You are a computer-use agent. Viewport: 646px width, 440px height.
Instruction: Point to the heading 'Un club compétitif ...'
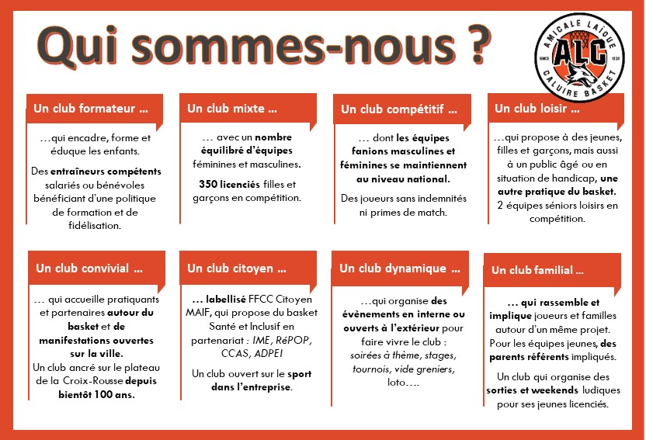[x=394, y=108]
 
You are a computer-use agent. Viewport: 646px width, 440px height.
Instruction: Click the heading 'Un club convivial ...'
[x=89, y=269]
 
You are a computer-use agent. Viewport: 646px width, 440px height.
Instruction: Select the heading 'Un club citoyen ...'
[x=236, y=269]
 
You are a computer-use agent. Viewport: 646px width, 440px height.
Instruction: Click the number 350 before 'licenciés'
[x=208, y=184]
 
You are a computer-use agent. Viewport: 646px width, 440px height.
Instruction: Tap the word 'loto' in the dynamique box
[x=397, y=383]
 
